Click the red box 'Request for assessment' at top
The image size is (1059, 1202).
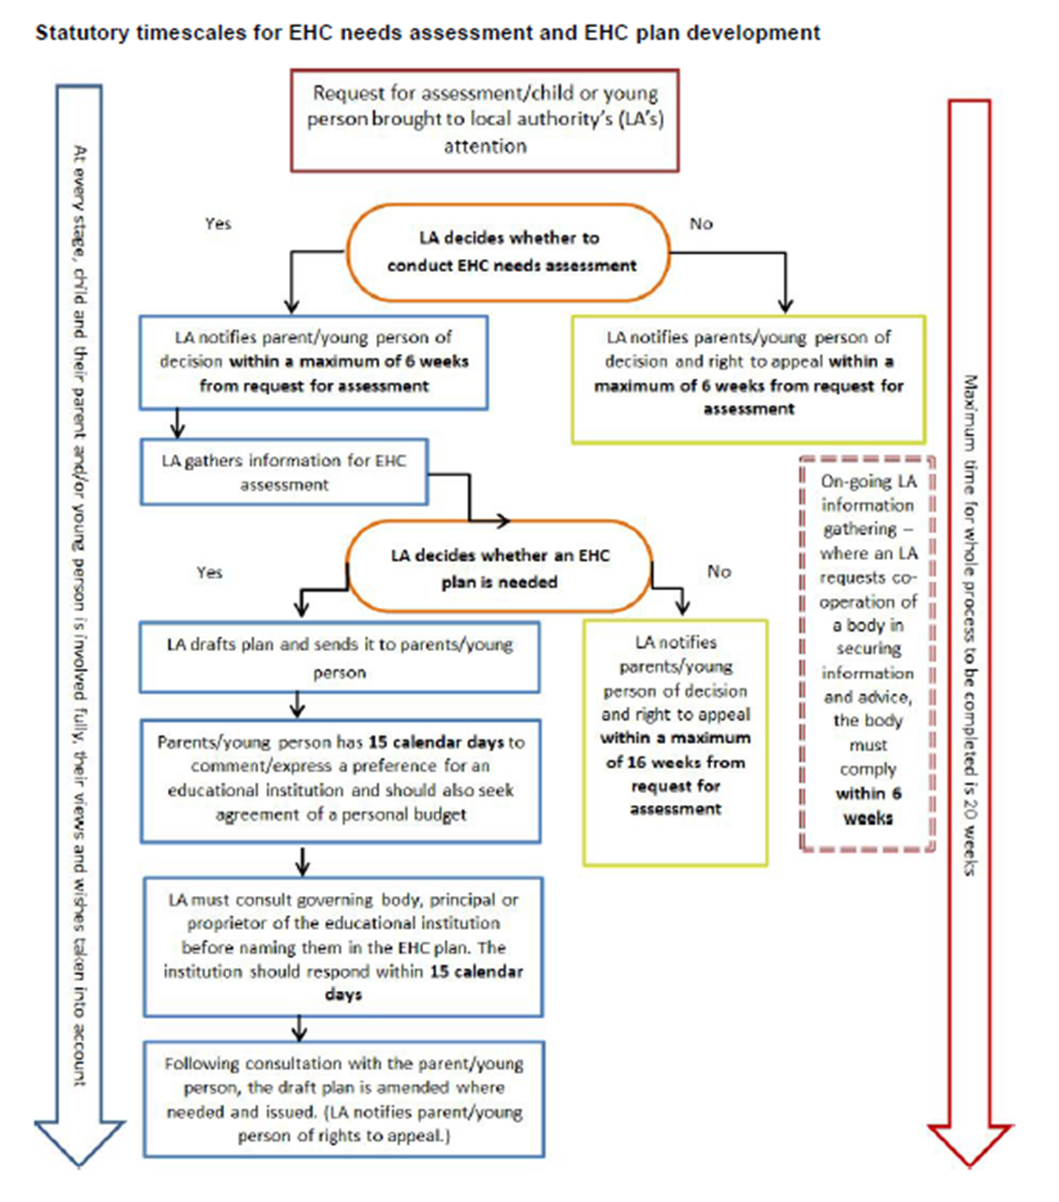point(484,120)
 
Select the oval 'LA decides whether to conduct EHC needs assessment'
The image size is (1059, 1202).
point(509,251)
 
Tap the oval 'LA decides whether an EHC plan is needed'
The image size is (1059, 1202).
point(499,569)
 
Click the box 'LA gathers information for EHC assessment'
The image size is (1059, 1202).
point(283,472)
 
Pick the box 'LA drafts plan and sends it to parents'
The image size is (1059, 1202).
point(340,658)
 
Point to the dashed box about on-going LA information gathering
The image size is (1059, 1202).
point(868,653)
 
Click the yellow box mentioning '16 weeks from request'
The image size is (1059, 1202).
point(675,741)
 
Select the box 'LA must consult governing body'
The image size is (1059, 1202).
point(343,947)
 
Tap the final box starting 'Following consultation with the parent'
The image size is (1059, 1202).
point(343,1099)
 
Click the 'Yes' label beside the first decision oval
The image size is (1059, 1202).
point(218,223)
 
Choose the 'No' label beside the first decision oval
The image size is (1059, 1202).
point(701,223)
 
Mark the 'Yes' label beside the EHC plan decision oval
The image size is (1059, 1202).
point(209,572)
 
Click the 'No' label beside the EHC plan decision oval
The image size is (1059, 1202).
point(719,571)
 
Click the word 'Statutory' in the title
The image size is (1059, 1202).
point(82,34)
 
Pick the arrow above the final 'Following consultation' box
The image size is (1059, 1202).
point(299,1028)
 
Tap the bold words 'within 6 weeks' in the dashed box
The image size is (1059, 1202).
point(868,805)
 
